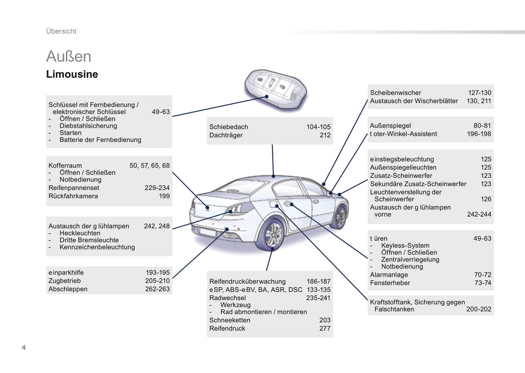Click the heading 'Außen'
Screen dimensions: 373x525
tap(69, 57)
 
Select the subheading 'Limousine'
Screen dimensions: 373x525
tap(72, 74)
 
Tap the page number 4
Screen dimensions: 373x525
tap(24, 347)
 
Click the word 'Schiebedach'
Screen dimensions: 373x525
tap(229, 127)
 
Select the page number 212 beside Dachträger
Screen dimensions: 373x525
tap(325, 135)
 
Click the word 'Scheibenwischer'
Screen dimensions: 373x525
tap(395, 93)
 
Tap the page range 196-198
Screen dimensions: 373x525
tap(479, 134)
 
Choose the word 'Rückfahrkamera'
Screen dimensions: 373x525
tap(73, 196)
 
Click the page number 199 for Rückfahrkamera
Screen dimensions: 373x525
tap(164, 196)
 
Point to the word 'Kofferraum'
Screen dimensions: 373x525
tap(65, 165)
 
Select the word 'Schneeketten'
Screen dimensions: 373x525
tap(230, 320)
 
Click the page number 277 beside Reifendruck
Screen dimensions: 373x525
tap(325, 328)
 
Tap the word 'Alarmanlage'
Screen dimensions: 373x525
tap(389, 274)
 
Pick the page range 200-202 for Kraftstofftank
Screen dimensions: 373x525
tap(478, 309)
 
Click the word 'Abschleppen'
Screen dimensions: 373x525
tap(68, 289)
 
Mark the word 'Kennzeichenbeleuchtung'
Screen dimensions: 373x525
tap(97, 247)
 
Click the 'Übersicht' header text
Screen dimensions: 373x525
tap(61, 31)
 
